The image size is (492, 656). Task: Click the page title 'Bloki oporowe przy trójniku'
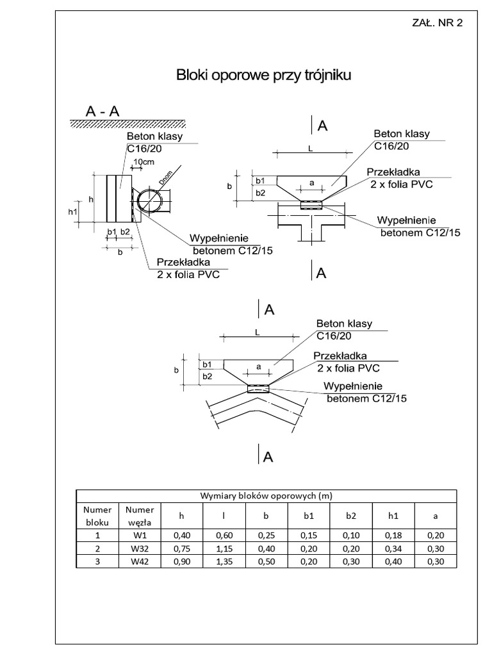(x=264, y=76)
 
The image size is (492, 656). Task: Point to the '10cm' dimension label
(x=143, y=162)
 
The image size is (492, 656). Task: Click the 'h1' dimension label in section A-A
(x=72, y=211)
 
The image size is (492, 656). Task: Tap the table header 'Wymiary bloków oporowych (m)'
(x=266, y=496)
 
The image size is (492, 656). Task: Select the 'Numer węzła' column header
(x=140, y=516)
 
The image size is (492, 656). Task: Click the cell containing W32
(x=140, y=549)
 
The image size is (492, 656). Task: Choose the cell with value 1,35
(x=224, y=562)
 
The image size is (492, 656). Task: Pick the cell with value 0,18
(x=393, y=536)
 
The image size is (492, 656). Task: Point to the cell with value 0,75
(x=181, y=549)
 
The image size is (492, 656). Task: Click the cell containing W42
(x=140, y=562)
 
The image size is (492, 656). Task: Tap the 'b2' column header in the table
(x=351, y=516)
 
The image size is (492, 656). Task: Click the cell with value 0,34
(x=393, y=549)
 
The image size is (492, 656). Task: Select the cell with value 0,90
(x=181, y=562)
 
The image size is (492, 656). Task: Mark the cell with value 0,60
(x=224, y=536)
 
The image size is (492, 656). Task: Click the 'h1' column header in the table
(x=393, y=516)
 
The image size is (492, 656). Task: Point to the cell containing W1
(x=140, y=536)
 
